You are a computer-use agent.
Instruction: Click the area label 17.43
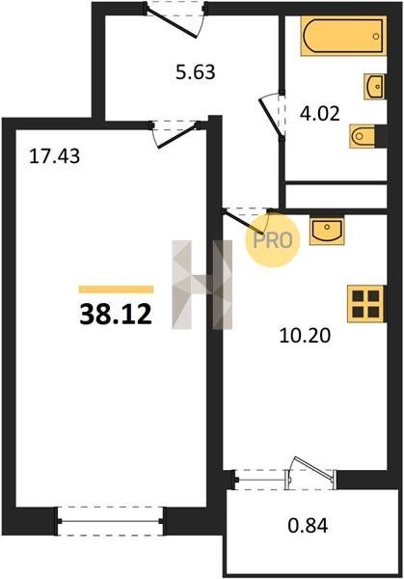click(x=54, y=156)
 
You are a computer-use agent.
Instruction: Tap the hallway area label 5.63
click(x=195, y=72)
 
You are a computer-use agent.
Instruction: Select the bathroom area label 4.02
click(x=319, y=114)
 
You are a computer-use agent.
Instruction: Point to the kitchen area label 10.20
click(x=305, y=336)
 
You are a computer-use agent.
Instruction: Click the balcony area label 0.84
click(x=308, y=526)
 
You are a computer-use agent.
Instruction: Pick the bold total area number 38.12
click(x=116, y=315)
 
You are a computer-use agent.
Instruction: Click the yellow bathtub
click(x=343, y=36)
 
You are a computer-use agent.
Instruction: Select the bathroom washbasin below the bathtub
click(x=374, y=87)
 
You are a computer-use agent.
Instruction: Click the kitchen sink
click(x=327, y=231)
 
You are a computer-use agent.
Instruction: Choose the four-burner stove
click(x=366, y=304)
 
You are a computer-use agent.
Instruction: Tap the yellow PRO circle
click(x=273, y=240)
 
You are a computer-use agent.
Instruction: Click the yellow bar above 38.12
click(x=116, y=289)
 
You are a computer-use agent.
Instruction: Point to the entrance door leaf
click(x=172, y=23)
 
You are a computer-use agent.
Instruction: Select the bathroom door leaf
click(x=271, y=117)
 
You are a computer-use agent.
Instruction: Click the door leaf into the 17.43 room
click(x=177, y=137)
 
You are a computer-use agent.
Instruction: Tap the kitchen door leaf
click(x=244, y=222)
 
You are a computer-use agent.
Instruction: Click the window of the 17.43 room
click(x=110, y=521)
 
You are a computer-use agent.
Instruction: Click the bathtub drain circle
click(x=376, y=37)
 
